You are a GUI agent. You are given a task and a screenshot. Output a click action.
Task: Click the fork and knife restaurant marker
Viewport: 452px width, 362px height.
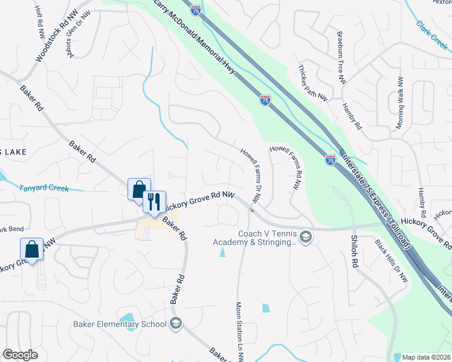[x=153, y=201]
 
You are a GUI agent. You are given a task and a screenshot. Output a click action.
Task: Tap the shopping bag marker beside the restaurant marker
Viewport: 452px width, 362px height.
[x=139, y=189]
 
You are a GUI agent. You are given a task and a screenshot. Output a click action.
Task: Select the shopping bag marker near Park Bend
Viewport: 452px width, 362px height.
[x=31, y=249]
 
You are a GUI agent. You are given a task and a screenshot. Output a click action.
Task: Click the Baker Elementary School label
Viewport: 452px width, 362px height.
[x=119, y=324]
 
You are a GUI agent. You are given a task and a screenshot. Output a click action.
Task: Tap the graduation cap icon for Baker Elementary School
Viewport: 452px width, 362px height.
[x=176, y=324]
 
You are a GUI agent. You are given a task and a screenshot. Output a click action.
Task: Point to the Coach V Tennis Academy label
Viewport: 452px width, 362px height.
[x=255, y=238]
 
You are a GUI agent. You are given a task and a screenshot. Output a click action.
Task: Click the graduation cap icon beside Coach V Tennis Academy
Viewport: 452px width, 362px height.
[x=306, y=237]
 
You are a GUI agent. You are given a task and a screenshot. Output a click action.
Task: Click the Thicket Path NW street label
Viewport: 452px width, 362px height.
[x=313, y=82]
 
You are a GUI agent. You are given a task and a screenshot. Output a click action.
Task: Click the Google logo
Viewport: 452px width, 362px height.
[x=20, y=355]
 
